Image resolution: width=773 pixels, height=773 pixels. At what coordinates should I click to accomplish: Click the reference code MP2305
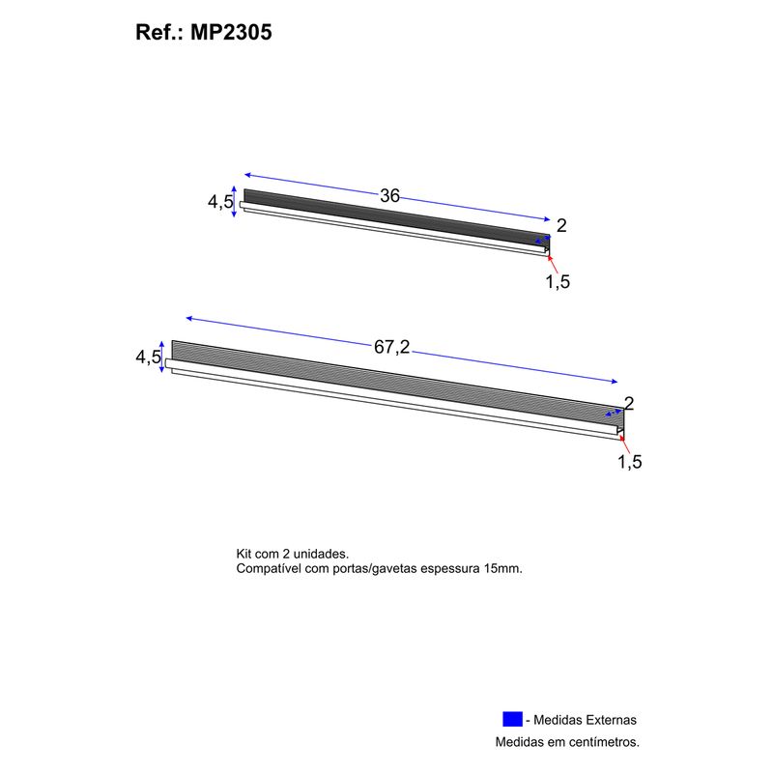pyautogui.click(x=231, y=33)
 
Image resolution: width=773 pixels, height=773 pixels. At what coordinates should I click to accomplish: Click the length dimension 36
pyautogui.click(x=389, y=196)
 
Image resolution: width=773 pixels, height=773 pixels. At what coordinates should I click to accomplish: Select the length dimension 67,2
pyautogui.click(x=391, y=347)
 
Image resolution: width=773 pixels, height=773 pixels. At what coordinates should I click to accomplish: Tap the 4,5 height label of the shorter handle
pyautogui.click(x=220, y=201)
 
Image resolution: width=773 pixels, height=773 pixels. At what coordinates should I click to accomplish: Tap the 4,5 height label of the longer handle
pyautogui.click(x=148, y=357)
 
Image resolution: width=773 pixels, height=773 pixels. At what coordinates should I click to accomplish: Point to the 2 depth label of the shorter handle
pyautogui.click(x=561, y=226)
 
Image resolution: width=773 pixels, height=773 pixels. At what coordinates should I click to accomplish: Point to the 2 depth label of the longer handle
pyautogui.click(x=629, y=403)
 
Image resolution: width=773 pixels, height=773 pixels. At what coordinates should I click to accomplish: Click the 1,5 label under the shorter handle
pyautogui.click(x=558, y=281)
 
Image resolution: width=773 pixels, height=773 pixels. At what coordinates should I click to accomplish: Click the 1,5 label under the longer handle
pyautogui.click(x=630, y=462)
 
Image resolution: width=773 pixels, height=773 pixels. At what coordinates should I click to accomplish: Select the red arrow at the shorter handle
pyautogui.click(x=553, y=264)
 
